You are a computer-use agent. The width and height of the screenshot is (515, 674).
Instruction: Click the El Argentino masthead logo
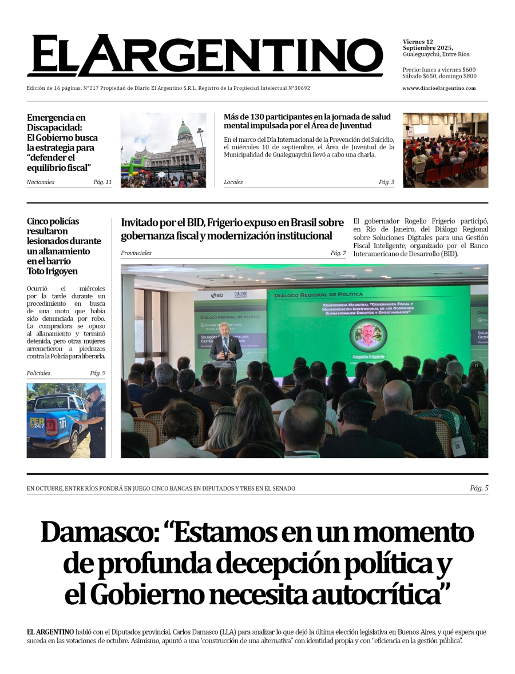click(x=205, y=55)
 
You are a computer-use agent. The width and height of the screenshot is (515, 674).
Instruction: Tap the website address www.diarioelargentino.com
click(x=439, y=88)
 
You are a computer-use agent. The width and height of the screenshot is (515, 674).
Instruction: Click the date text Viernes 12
click(x=418, y=42)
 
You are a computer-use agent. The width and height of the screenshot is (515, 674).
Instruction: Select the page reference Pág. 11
click(x=102, y=182)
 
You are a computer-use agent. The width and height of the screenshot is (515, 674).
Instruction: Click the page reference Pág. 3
click(x=386, y=182)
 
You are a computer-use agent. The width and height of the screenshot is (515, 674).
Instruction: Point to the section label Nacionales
click(x=41, y=182)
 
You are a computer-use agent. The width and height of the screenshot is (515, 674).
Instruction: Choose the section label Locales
click(x=233, y=182)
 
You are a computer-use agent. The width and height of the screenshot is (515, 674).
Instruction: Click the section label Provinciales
click(x=136, y=253)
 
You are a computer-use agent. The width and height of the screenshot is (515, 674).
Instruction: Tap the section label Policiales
click(x=38, y=373)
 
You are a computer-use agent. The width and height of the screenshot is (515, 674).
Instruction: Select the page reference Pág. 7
click(x=338, y=253)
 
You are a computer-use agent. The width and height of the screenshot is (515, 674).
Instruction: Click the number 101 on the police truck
click(x=63, y=424)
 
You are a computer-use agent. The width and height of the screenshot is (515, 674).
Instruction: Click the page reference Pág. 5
click(x=479, y=488)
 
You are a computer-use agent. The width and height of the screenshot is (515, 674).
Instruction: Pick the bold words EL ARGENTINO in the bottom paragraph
click(x=50, y=632)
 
